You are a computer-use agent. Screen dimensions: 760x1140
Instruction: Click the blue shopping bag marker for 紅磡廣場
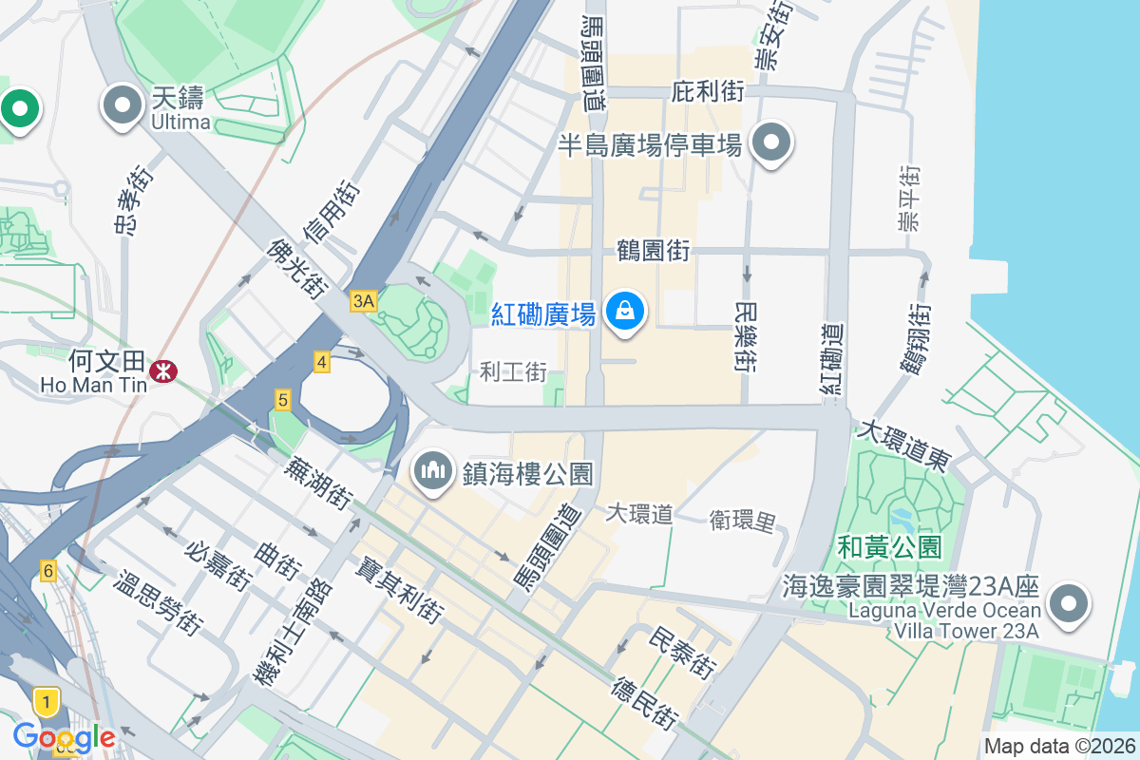625,312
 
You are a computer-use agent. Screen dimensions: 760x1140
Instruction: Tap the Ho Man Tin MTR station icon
163,370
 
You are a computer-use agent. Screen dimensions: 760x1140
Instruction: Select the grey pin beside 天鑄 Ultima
123,106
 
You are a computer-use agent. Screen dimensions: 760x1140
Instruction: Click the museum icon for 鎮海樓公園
433,470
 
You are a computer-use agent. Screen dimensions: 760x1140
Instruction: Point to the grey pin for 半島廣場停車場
771,143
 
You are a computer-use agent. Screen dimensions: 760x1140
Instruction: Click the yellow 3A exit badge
364,301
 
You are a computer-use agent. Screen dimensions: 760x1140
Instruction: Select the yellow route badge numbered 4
322,361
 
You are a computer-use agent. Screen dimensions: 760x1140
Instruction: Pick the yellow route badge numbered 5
282,400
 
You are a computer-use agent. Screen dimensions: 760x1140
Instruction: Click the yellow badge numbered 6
47,571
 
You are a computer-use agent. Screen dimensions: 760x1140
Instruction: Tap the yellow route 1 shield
45,702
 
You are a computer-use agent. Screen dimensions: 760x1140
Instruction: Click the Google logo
64,736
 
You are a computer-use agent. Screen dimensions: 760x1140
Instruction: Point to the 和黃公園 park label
889,547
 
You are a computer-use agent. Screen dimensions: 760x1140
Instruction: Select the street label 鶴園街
653,252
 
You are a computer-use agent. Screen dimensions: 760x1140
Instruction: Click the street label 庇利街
708,92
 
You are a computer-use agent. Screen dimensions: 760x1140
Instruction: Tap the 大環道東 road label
903,445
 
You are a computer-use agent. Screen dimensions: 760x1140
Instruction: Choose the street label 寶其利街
400,590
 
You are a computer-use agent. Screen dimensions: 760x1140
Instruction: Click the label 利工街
513,371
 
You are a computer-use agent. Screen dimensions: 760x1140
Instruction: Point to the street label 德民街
645,704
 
